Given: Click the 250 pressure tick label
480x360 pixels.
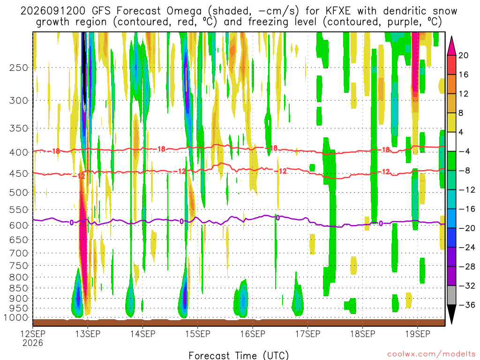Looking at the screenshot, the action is coord(19,67).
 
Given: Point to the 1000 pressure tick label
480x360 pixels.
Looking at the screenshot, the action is coord(16,318).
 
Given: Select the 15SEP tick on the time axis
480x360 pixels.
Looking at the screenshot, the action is coord(198,334).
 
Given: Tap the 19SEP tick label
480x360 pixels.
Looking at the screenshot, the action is coord(418,334).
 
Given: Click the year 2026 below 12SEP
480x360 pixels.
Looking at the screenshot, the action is coord(33,343).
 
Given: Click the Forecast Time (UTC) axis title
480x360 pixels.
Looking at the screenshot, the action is coord(239,355).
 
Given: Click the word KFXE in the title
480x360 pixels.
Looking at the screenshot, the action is coord(338,11).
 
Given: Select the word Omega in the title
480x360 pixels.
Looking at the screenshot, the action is coord(184,11).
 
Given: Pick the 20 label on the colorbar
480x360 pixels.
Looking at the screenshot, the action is coord(464,55).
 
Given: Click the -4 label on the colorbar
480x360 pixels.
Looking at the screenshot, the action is coord(465,151).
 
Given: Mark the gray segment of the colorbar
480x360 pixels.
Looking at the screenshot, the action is coord(451,295).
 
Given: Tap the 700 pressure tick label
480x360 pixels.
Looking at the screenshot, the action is coord(19,253).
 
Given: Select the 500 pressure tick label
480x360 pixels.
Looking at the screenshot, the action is coord(19,193).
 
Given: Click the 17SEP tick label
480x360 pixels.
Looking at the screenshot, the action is coord(307,334).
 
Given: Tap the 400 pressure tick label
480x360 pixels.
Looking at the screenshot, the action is coord(19,152).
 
